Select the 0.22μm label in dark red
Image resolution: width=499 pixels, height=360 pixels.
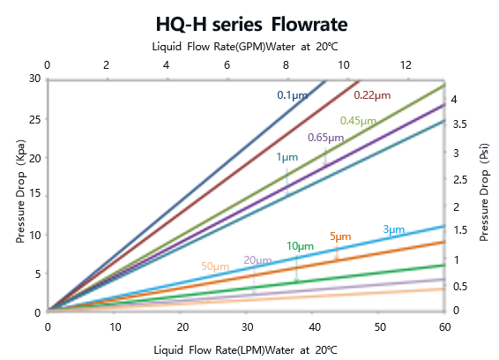(x=371, y=95)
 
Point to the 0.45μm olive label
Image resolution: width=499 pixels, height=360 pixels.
(x=358, y=121)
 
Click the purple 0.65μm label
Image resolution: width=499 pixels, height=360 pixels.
(x=325, y=138)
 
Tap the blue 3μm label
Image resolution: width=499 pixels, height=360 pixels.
(x=393, y=230)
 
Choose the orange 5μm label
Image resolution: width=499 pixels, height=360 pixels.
(x=339, y=236)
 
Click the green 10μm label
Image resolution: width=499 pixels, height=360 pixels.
(x=300, y=246)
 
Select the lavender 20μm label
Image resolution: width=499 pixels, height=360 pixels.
(x=257, y=259)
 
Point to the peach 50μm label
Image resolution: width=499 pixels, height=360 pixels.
(x=214, y=266)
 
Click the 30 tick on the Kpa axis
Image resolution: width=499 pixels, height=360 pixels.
(x=34, y=79)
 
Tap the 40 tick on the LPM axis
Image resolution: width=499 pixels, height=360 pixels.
(x=313, y=326)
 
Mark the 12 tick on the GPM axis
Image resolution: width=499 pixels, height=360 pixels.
(x=406, y=65)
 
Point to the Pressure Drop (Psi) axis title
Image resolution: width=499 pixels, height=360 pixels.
(x=484, y=195)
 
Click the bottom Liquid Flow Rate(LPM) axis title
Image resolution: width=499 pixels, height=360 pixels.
(x=245, y=350)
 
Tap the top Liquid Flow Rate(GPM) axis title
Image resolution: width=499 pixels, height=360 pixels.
(x=245, y=47)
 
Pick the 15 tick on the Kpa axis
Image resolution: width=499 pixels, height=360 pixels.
(x=34, y=196)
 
